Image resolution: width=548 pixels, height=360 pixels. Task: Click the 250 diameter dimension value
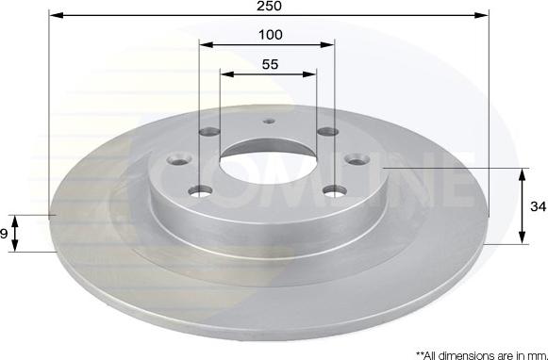coord(269,7)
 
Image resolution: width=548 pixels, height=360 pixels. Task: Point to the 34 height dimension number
coord(536,206)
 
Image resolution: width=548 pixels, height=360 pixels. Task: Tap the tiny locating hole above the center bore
coord(269,121)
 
